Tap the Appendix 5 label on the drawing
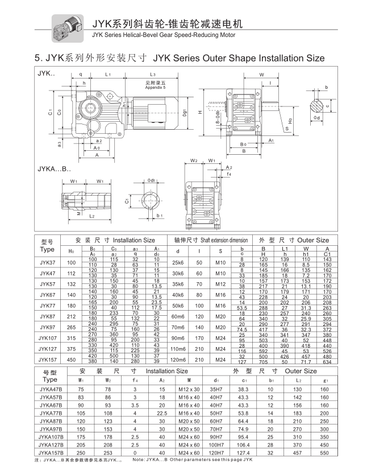[156, 85]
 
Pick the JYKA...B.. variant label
[55, 169]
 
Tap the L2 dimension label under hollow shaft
[91, 217]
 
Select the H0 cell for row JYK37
[71, 262]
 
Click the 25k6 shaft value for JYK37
[177, 262]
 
